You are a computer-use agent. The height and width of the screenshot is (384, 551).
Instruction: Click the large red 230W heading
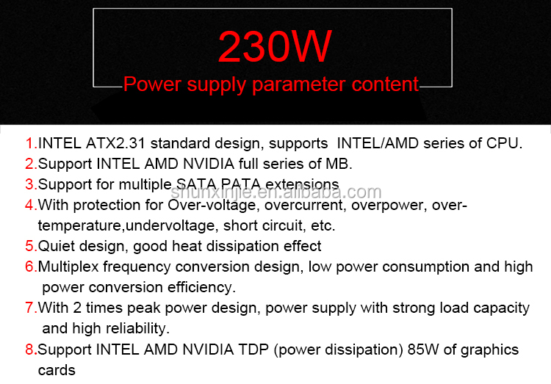tap(275, 47)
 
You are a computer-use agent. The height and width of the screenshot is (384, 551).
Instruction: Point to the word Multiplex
tap(71, 267)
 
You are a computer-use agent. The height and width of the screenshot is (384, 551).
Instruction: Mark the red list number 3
tap(29, 184)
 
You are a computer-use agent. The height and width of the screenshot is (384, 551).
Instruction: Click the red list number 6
tap(29, 267)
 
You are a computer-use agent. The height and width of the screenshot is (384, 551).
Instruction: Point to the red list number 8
tap(29, 349)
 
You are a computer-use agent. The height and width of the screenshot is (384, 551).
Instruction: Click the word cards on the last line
tap(57, 370)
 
